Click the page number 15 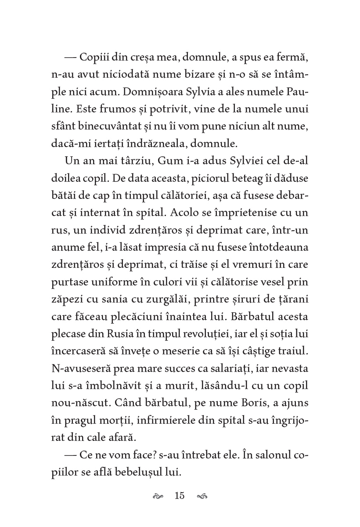[x=180, y=496]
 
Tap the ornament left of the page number [x=158, y=496]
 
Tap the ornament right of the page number [x=202, y=496]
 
